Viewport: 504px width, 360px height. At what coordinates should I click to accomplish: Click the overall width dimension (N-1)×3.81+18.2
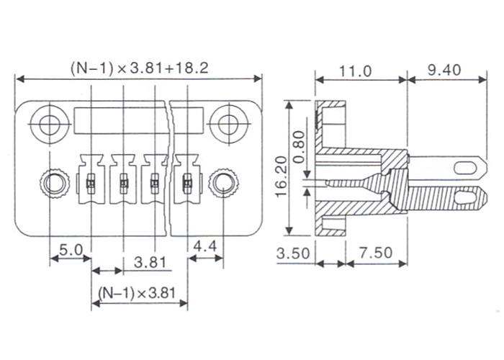pyautogui.click(x=139, y=68)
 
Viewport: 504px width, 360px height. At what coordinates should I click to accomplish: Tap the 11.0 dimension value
pyautogui.click(x=356, y=71)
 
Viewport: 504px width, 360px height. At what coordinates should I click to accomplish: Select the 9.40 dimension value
pyautogui.click(x=444, y=70)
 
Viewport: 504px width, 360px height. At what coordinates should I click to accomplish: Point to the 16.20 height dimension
pyautogui.click(x=281, y=176)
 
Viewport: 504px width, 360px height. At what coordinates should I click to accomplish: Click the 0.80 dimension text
pyautogui.click(x=299, y=147)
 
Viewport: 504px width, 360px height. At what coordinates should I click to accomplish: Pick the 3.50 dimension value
pyautogui.click(x=293, y=253)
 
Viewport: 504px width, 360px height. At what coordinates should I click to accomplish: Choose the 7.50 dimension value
pyautogui.click(x=375, y=253)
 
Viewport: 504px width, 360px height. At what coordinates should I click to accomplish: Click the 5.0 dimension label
pyautogui.click(x=71, y=250)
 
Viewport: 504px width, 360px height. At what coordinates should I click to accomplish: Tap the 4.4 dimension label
pyautogui.click(x=205, y=246)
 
